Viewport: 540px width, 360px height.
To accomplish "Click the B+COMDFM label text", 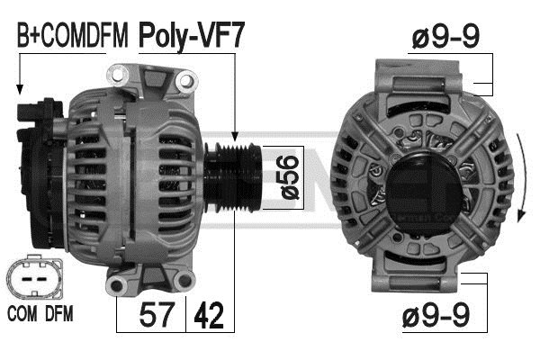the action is point(72,35).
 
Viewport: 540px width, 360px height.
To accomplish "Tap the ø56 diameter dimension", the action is point(290,177).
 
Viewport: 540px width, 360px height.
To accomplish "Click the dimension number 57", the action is point(156,315).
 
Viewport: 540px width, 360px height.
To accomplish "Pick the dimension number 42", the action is point(209,315).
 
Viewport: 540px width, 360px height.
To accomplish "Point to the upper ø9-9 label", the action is point(445,37).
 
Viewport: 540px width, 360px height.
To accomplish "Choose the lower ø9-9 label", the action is point(436,315).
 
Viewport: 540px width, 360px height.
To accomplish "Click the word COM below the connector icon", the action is point(22,314).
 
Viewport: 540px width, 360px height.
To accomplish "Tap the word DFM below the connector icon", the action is point(59,314).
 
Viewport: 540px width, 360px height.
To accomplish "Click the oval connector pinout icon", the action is point(34,278).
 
